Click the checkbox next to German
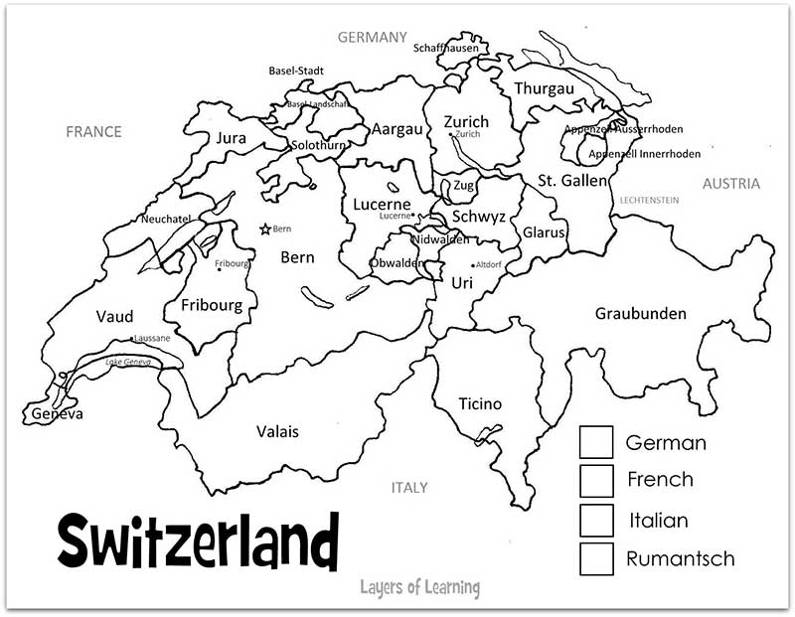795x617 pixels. [x=596, y=442]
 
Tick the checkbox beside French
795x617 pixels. [x=596, y=480]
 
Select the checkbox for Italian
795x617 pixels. [x=596, y=520]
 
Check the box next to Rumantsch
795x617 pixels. [x=596, y=558]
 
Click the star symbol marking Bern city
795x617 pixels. [x=265, y=230]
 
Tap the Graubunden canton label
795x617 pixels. [x=640, y=313]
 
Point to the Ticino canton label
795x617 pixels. [x=480, y=403]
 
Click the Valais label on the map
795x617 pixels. [x=277, y=431]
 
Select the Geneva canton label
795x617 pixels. [x=57, y=413]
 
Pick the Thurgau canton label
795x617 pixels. [x=544, y=88]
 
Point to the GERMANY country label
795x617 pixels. [x=373, y=37]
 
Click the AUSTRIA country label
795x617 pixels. [x=730, y=183]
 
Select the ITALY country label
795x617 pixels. [x=409, y=487]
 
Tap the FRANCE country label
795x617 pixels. [x=93, y=131]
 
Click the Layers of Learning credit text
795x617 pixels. [x=419, y=587]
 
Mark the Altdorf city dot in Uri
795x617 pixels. [x=473, y=265]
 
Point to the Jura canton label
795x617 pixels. [x=231, y=138]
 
